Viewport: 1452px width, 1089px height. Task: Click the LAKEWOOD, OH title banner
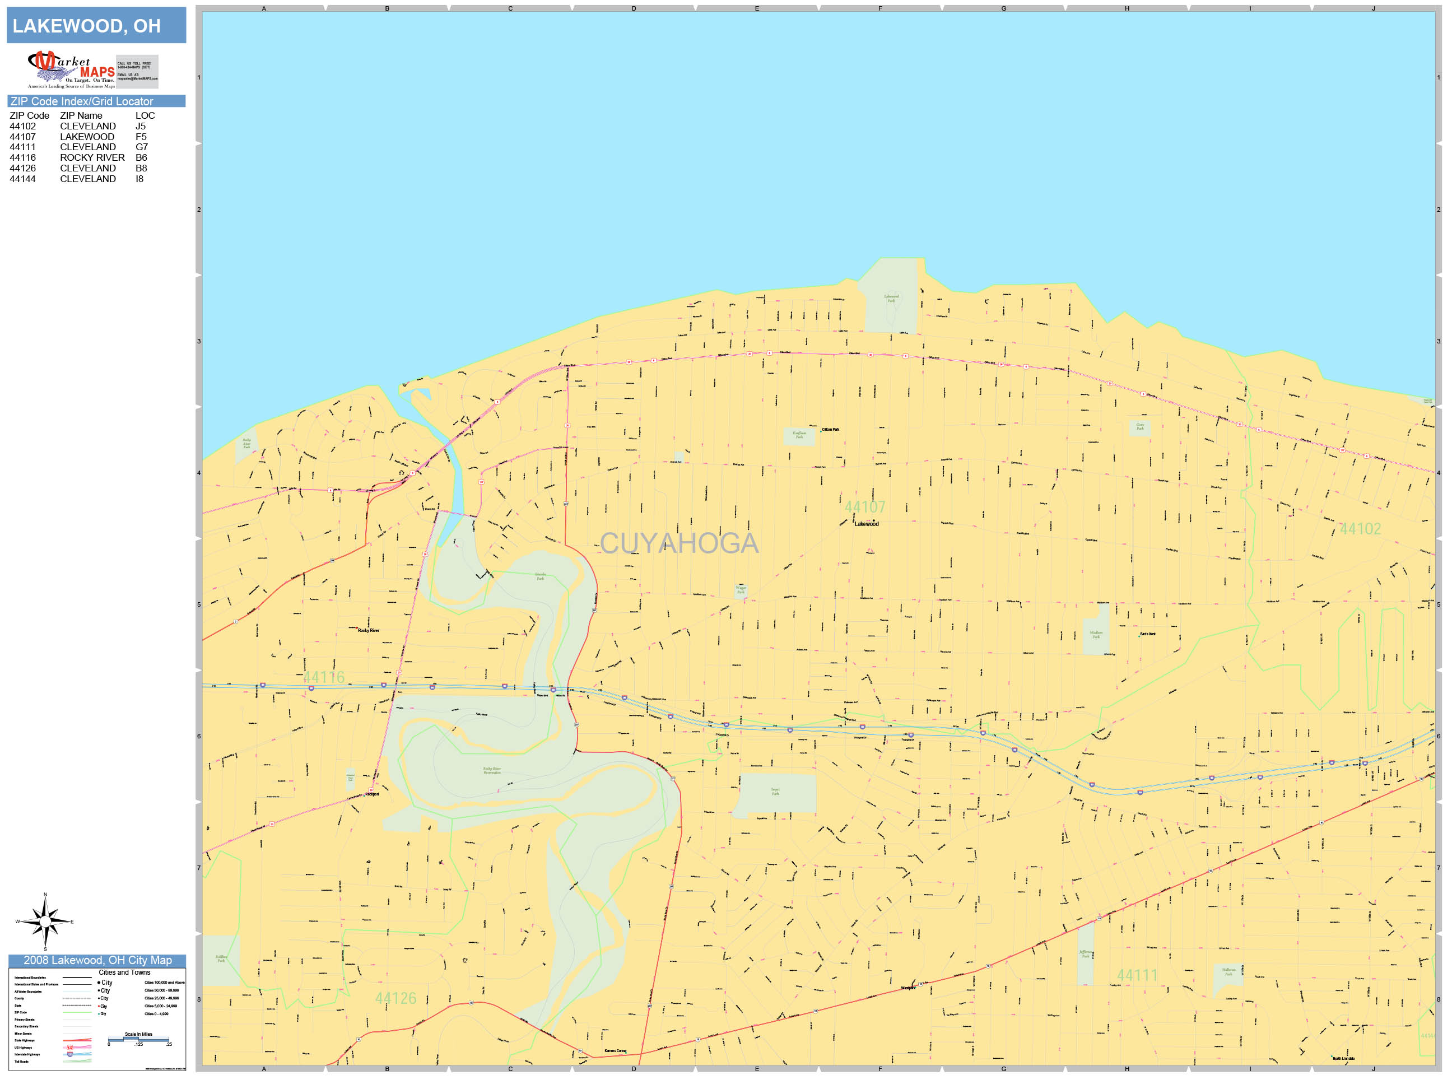point(96,26)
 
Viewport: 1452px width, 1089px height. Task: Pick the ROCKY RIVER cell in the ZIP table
point(92,157)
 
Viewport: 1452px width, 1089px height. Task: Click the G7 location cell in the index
point(142,147)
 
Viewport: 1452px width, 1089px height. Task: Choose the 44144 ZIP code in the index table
point(22,179)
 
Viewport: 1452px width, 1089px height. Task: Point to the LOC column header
point(145,115)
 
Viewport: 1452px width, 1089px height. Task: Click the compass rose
point(45,921)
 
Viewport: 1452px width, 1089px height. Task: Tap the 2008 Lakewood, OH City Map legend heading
point(97,960)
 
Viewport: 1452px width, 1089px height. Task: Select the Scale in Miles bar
point(138,1039)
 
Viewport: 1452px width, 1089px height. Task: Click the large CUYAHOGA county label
point(679,543)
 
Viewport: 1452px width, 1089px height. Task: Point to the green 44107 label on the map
point(864,507)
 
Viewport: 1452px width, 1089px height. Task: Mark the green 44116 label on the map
point(324,677)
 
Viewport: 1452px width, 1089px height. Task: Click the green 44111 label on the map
point(1138,975)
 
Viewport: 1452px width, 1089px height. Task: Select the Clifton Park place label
point(830,429)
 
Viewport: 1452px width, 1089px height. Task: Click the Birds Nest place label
point(1147,634)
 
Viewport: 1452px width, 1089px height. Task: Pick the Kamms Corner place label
point(615,1051)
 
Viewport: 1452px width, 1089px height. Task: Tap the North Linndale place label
point(1343,1059)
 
